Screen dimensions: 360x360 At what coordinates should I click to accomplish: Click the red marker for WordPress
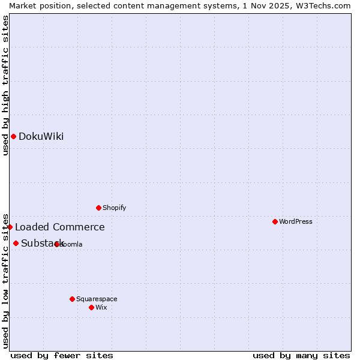pos(275,221)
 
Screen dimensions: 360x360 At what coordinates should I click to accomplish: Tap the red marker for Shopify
pos(98,208)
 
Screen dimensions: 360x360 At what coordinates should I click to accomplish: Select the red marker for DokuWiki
pos(13,136)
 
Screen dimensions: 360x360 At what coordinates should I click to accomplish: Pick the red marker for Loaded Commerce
pos(10,227)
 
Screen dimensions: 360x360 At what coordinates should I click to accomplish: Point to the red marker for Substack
pos(16,243)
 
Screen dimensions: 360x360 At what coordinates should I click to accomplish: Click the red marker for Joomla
pos(57,244)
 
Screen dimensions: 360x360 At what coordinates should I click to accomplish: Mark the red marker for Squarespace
pos(72,299)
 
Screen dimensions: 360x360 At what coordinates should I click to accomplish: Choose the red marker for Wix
pos(91,307)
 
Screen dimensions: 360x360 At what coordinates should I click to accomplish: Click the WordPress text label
pos(296,221)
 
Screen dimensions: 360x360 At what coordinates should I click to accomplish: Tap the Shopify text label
pos(115,208)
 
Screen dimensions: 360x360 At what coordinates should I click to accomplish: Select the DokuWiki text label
pos(41,136)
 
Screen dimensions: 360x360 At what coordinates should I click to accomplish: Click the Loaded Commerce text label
pos(60,227)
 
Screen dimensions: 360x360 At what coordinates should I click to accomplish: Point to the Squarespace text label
pos(97,299)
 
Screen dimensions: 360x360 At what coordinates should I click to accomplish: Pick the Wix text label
pos(101,307)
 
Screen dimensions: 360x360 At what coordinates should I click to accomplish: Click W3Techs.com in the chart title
pos(321,5)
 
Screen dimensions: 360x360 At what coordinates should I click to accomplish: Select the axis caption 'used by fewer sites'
pos(62,355)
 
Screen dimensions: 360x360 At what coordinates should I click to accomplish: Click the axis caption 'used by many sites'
pos(301,355)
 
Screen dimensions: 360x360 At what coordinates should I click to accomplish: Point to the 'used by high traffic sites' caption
pos(5,85)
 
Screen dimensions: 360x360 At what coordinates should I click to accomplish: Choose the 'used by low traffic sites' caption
pos(5,280)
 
